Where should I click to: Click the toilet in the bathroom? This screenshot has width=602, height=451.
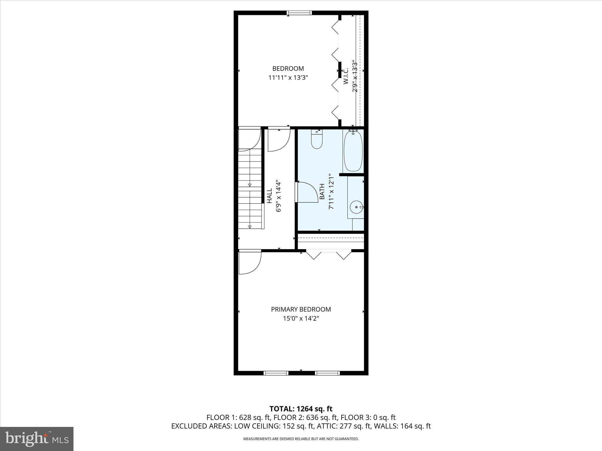coord(317,140)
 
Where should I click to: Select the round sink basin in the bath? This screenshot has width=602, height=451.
coord(357,207)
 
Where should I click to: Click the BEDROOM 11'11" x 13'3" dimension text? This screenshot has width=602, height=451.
coord(288,78)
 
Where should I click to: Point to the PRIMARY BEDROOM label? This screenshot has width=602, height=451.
coord(301,309)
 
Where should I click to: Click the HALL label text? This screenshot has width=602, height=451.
coord(269,196)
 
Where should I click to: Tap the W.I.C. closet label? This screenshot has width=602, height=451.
coord(346,76)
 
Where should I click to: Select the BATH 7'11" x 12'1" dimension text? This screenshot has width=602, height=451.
coord(331,191)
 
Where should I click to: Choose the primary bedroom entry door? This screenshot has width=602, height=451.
coord(250,262)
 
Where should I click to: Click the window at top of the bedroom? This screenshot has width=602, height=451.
coord(299,13)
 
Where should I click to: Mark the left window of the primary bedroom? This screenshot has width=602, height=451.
coord(276,373)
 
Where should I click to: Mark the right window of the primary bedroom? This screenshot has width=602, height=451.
coord(327,373)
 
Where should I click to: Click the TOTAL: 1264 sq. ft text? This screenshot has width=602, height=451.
coord(301,409)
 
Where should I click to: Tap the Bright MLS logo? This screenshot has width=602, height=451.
coord(37,439)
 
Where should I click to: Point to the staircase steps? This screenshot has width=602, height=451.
coord(250,188)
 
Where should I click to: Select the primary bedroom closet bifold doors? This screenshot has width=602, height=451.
coord(329,254)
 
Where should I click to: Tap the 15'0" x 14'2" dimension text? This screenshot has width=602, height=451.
coord(301,318)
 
